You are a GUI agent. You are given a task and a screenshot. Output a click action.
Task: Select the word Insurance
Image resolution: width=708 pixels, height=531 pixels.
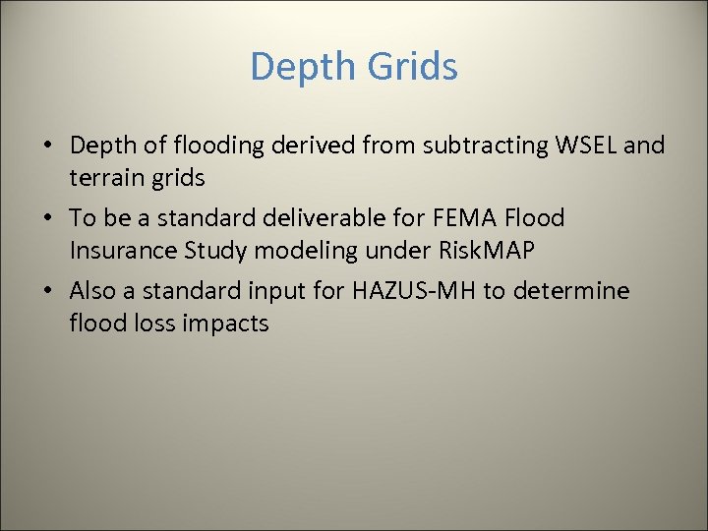[x=123, y=250]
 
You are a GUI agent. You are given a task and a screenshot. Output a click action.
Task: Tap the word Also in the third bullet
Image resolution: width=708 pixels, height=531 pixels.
[x=94, y=291]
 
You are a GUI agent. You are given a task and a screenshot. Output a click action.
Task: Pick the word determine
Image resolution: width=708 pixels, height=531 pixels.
[x=582, y=291]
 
